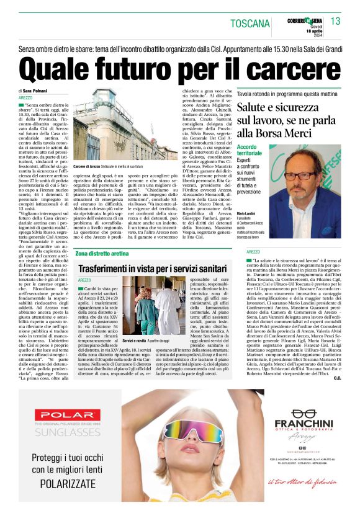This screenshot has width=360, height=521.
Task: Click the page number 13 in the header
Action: [335, 22]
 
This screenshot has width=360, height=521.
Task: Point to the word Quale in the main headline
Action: [65, 66]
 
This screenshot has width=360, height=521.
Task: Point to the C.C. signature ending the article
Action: [337, 377]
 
